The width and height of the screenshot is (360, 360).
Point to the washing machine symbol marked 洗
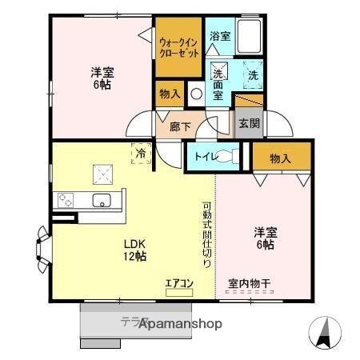(253, 76)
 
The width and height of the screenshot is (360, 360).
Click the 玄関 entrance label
(247, 123)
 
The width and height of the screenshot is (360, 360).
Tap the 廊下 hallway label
(180, 126)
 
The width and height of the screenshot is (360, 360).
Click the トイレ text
(200, 157)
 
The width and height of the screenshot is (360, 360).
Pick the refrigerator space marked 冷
(141, 151)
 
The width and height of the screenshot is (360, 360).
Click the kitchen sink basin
(102, 199)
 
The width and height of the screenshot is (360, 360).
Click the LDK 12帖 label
(134, 250)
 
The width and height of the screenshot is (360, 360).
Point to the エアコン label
(179, 282)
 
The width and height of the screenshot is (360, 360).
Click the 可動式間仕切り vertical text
(206, 233)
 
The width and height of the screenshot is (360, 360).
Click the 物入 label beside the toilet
(280, 159)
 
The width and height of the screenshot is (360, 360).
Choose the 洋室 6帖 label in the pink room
(265, 238)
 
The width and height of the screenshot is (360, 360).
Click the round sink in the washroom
(196, 93)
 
